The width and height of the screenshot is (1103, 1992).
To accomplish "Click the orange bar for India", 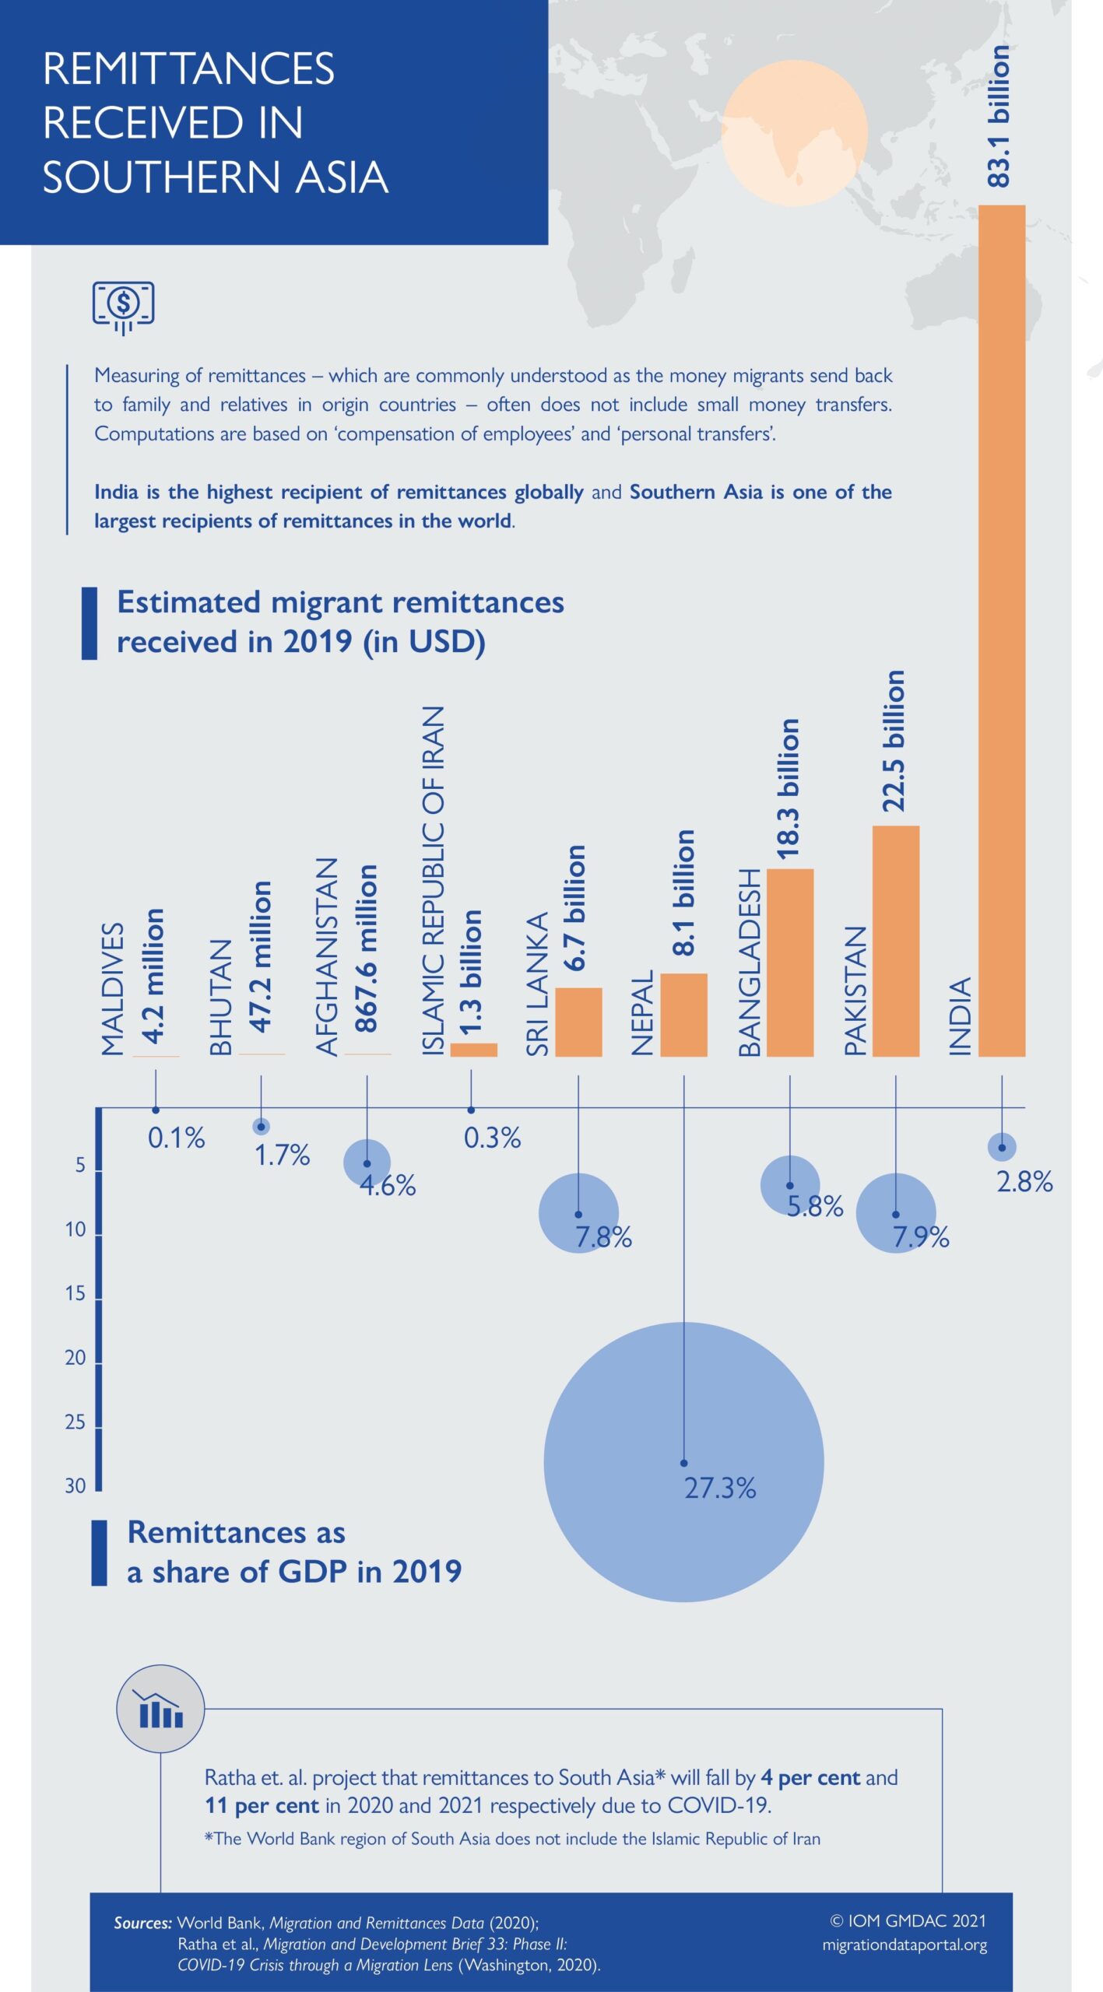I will point(1001,630).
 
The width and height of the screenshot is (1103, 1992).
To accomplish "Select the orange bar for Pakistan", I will point(895,941).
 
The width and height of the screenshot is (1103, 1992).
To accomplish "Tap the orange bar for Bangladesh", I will point(789,963).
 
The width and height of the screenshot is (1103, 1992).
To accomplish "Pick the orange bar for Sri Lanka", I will point(578,1022).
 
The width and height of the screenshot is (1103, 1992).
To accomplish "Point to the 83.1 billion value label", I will point(999,116).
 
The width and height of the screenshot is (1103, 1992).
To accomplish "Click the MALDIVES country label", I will point(114,989).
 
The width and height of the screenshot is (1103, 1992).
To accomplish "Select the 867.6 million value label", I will point(366,949).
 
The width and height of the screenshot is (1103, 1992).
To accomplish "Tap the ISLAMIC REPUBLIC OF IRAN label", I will point(433,881).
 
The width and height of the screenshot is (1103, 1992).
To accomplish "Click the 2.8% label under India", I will point(1024,1182).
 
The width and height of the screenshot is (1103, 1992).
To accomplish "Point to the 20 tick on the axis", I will point(76,1358).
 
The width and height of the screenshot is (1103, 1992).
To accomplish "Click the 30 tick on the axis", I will point(76,1486).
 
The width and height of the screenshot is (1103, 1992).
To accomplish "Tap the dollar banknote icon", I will point(123,306).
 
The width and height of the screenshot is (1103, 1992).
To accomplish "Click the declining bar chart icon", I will point(160,1710).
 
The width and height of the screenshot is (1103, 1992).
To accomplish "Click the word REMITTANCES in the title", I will point(188,68).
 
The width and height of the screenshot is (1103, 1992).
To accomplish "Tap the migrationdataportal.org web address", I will point(905,1945).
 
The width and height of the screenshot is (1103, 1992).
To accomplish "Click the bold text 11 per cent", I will point(262,1806).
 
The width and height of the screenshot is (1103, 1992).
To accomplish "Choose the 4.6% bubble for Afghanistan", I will point(367,1163).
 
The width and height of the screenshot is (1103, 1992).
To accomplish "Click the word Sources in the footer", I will point(143,1924).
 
